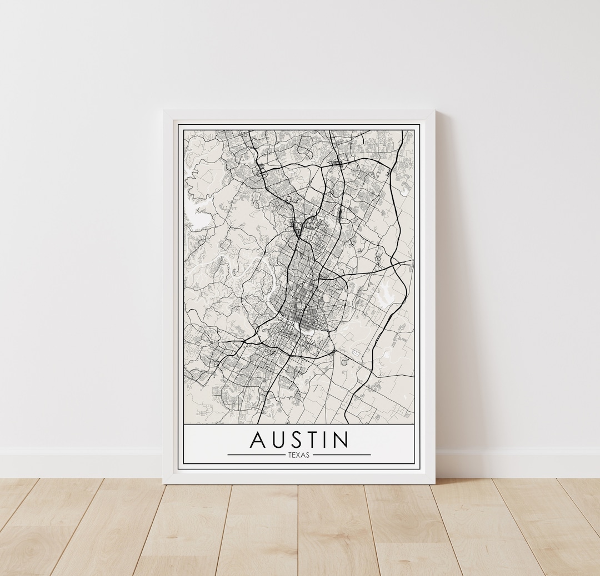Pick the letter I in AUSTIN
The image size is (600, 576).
[331, 439]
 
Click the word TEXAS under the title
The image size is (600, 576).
[299, 455]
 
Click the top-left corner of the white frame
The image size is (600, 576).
[164, 112]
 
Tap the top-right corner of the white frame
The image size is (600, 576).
[434, 112]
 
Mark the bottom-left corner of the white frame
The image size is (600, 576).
[164, 482]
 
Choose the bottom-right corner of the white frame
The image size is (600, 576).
[434, 482]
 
